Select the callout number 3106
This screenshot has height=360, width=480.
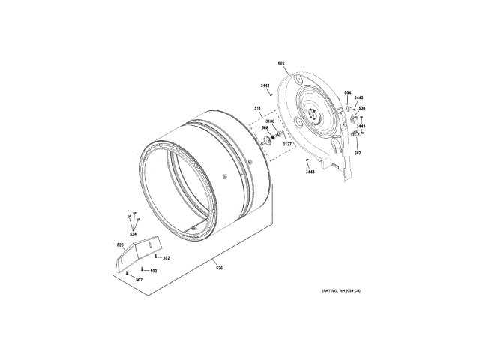(270, 121)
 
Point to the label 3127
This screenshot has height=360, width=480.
(287, 144)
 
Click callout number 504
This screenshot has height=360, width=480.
(347, 92)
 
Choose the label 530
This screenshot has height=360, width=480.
(361, 109)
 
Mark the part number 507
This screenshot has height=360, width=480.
(358, 153)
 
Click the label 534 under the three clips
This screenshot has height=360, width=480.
(133, 235)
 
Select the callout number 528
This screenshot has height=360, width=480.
(119, 244)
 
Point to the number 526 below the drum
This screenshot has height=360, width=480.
(219, 268)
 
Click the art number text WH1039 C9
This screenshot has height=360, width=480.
(341, 289)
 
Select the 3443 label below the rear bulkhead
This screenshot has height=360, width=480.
(310, 172)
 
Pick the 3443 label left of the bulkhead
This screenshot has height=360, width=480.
(265, 86)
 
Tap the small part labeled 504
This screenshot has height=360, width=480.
(340, 109)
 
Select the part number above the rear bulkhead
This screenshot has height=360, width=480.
(281, 63)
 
